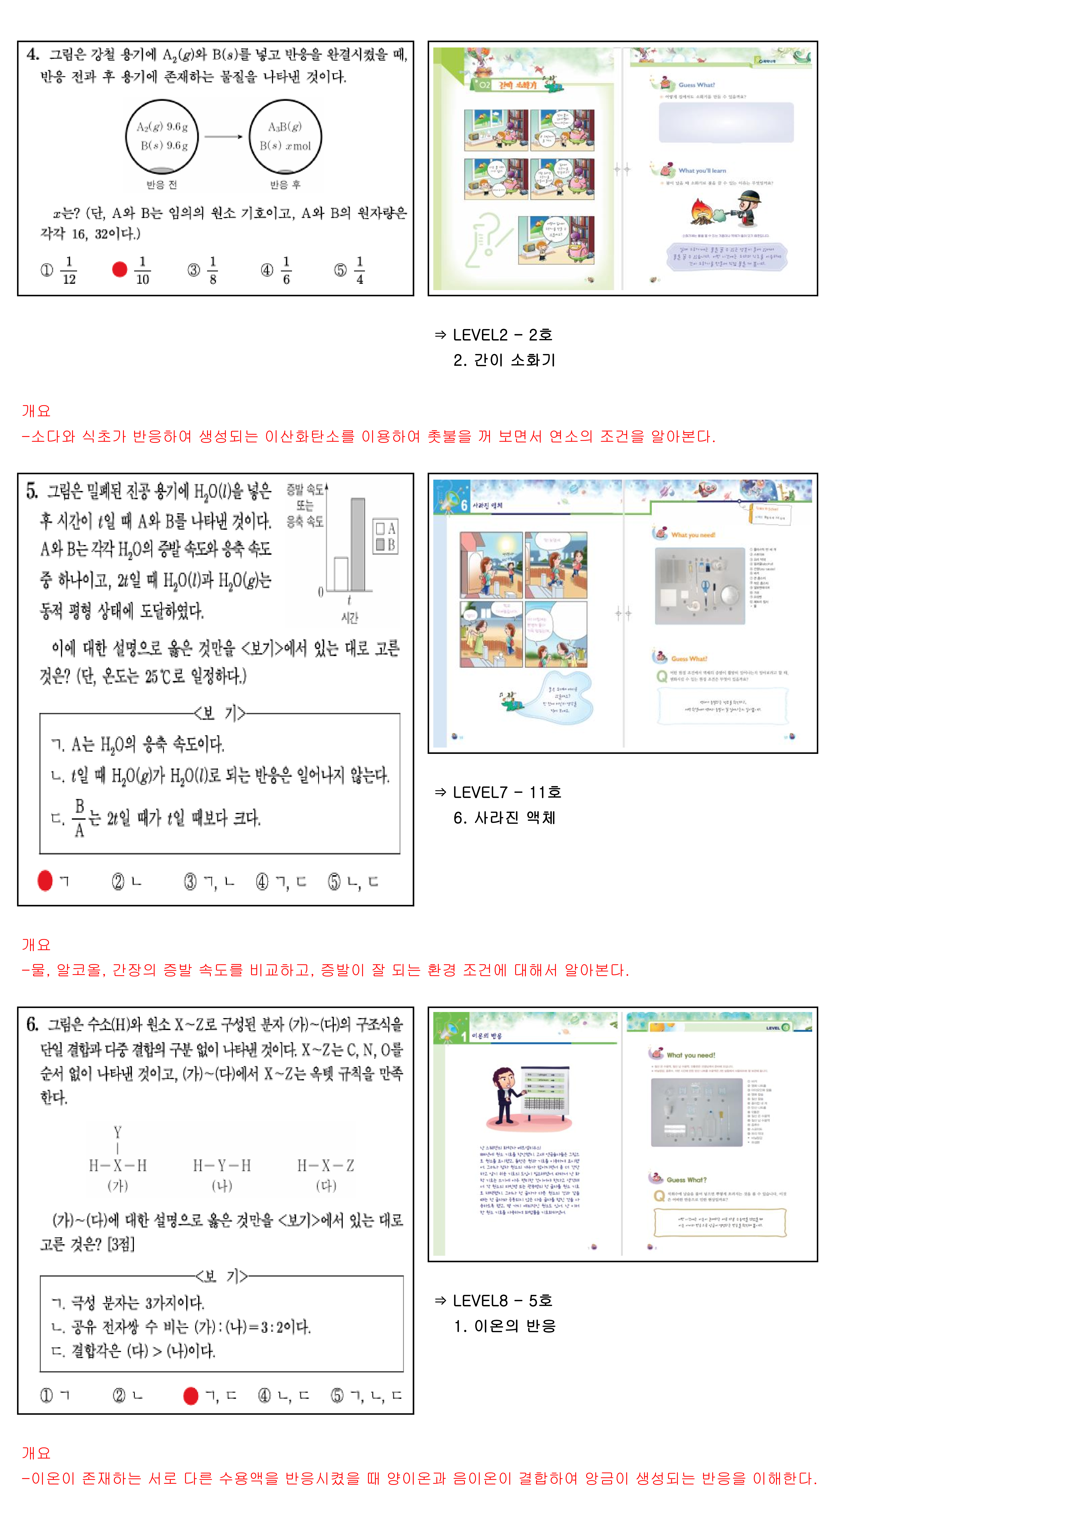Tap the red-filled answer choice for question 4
click(x=120, y=269)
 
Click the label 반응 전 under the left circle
click(x=162, y=184)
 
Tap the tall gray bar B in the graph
click(x=358, y=544)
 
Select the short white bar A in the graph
click(x=341, y=574)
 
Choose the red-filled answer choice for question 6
click(x=191, y=1396)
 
